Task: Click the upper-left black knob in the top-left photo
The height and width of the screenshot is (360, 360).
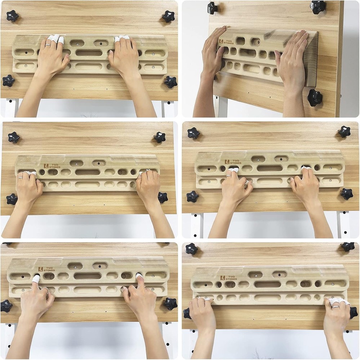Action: (12, 16)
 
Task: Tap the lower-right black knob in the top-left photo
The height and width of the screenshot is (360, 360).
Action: (170, 82)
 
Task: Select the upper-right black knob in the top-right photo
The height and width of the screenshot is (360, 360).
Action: (318, 7)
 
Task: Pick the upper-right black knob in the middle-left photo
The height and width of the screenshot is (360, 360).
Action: (159, 137)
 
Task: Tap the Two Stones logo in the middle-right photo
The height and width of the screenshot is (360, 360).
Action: (233, 162)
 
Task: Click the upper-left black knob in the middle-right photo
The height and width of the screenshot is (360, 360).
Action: (194, 133)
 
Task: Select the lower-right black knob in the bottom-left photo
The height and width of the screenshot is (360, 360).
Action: (170, 303)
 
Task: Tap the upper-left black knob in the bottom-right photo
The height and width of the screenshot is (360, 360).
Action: (191, 248)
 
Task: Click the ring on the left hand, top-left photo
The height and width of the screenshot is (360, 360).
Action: (48, 45)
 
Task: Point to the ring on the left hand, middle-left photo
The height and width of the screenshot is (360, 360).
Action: (21, 177)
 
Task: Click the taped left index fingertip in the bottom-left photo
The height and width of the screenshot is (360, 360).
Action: (36, 279)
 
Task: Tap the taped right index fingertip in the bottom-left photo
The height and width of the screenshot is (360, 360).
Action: (139, 276)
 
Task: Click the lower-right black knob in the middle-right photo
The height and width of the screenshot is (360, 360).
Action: (347, 194)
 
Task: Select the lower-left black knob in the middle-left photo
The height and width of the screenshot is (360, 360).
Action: (12, 199)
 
